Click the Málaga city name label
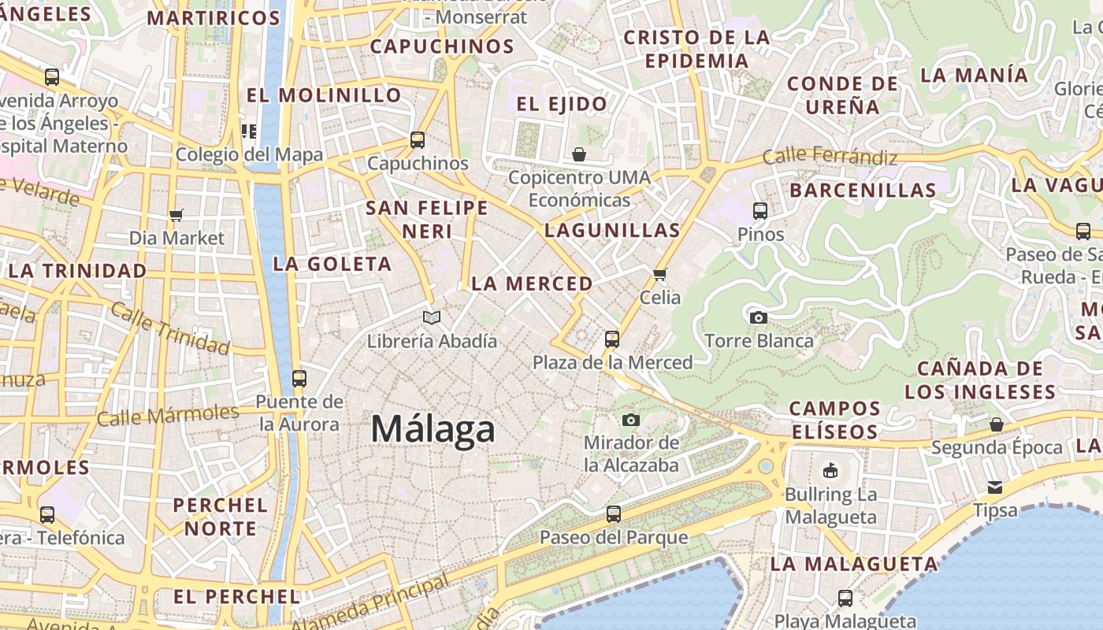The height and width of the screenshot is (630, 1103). click(x=433, y=429)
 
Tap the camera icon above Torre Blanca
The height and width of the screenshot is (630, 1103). click(x=759, y=317)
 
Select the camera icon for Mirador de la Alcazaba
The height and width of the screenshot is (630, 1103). click(x=630, y=420)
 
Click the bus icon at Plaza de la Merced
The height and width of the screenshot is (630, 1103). click(x=612, y=339)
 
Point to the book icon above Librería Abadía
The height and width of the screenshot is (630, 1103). click(x=431, y=317)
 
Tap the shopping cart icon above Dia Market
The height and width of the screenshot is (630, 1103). click(x=176, y=215)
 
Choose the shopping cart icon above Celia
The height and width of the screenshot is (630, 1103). click(x=660, y=274)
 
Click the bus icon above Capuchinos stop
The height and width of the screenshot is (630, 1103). click(x=418, y=140)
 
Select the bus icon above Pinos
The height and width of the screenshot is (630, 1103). click(x=760, y=211)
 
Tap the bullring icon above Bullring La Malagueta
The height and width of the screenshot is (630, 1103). click(x=830, y=471)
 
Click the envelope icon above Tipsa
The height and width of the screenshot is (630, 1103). click(x=995, y=487)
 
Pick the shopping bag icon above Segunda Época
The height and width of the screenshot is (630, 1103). click(x=997, y=424)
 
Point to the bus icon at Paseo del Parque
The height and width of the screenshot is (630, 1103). click(x=614, y=514)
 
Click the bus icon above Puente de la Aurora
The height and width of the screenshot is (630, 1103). click(x=299, y=378)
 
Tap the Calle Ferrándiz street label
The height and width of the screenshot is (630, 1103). click(x=830, y=156)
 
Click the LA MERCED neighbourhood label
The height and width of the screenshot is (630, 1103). click(x=532, y=283)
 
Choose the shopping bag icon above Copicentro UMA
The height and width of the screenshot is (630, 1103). click(x=579, y=154)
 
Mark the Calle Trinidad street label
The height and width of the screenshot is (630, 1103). click(x=170, y=328)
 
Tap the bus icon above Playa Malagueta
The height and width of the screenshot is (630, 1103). click(x=845, y=598)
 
